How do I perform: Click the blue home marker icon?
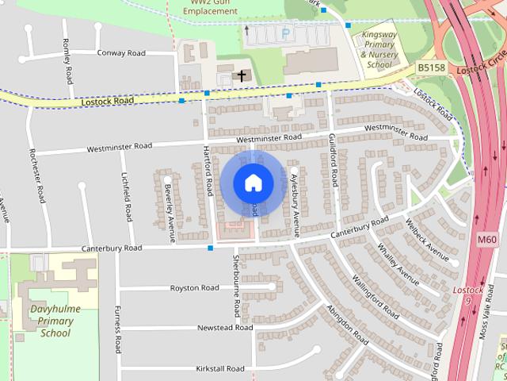(x=253, y=183)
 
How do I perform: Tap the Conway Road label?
(x=122, y=52)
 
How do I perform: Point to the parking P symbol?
(x=285, y=34)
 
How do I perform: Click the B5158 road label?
(x=432, y=68)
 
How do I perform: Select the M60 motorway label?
(x=487, y=239)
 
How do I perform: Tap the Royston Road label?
(x=195, y=287)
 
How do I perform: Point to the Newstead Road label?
(x=225, y=327)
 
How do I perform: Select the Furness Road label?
(x=117, y=329)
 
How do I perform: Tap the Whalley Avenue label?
(x=398, y=264)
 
